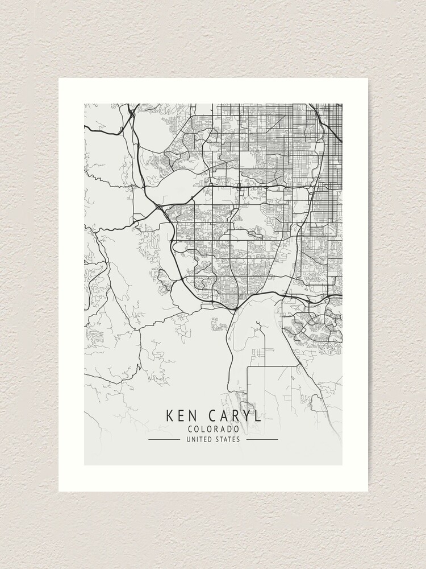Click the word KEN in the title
click(x=181, y=415)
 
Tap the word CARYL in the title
click(x=234, y=415)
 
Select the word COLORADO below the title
click(x=213, y=429)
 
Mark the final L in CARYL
click(x=258, y=415)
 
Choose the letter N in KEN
click(x=192, y=415)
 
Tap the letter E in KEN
click(x=181, y=415)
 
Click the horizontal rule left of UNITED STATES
click(x=164, y=439)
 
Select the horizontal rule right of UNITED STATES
click(x=262, y=439)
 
